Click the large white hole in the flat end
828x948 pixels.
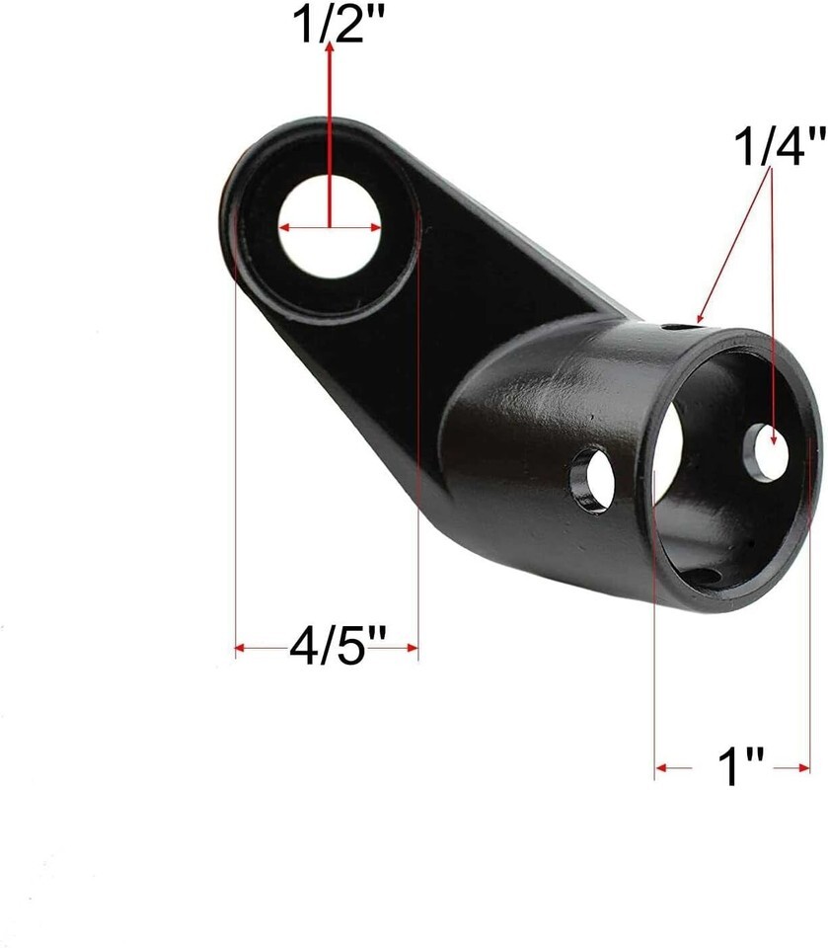point(330,227)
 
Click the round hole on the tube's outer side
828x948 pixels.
point(594,481)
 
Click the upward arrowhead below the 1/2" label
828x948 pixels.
point(330,47)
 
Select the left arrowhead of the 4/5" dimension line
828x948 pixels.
point(240,648)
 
